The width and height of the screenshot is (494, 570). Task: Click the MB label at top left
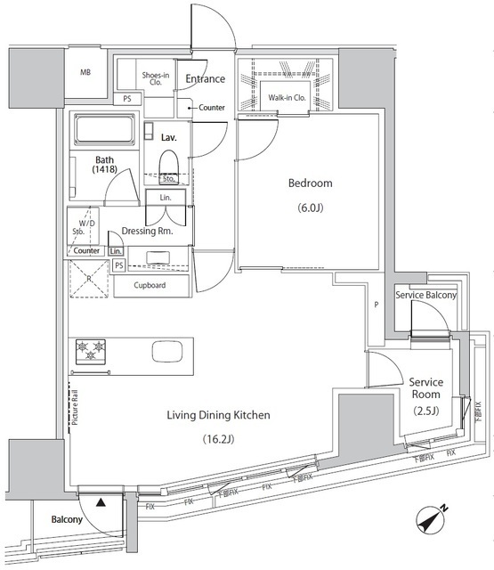(85, 72)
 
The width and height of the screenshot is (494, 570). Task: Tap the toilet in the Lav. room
(169, 161)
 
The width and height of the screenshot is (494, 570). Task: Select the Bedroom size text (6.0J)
(310, 209)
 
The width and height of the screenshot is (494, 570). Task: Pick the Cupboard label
(151, 286)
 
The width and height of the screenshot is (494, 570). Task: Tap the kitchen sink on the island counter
(168, 351)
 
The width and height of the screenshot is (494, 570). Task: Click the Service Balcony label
(425, 296)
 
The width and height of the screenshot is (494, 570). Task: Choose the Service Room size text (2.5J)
(425, 410)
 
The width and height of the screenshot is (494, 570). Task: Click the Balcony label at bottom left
(67, 520)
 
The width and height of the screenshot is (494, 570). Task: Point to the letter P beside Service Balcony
(377, 305)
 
